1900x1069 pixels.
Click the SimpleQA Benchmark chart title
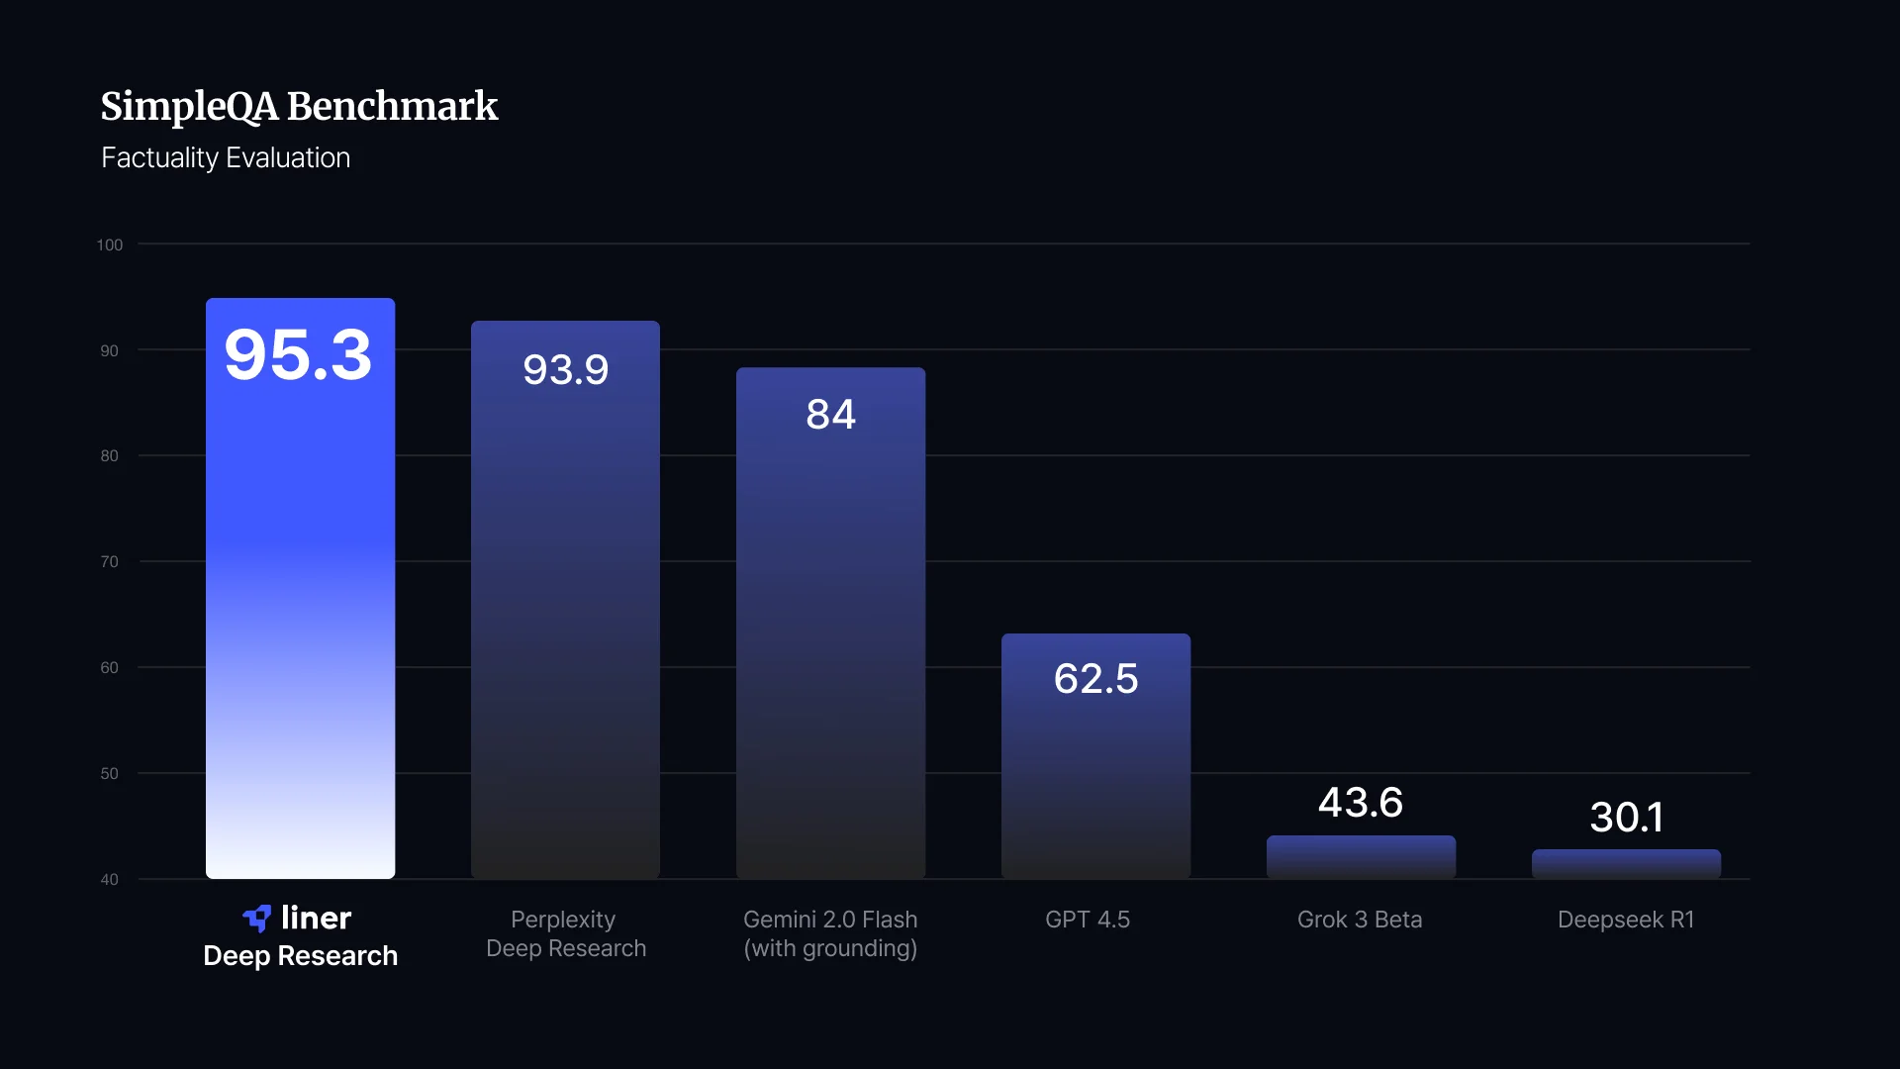click(299, 107)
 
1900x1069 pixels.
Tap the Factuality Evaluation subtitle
click(226, 158)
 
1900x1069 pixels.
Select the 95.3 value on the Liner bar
click(298, 354)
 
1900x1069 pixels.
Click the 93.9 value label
click(565, 370)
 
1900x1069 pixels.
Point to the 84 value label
click(830, 415)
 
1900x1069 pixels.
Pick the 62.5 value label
click(1095, 679)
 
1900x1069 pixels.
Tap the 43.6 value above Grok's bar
click(1361, 803)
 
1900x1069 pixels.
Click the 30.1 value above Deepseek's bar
click(1626, 818)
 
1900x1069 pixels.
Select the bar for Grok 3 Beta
click(1361, 857)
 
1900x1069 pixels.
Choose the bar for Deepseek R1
click(1626, 864)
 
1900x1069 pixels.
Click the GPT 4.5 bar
click(1095, 756)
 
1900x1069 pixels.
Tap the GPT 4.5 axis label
click(1088, 920)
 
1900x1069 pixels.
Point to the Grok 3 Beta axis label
click(1360, 920)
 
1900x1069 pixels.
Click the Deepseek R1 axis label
click(1626, 920)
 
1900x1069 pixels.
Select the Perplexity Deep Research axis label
click(565, 934)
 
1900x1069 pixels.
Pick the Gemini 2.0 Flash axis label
click(830, 934)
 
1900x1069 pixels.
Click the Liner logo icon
click(257, 919)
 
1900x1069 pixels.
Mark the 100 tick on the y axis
click(110, 244)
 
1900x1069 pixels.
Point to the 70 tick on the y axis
click(109, 561)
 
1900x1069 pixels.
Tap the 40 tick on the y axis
click(109, 879)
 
